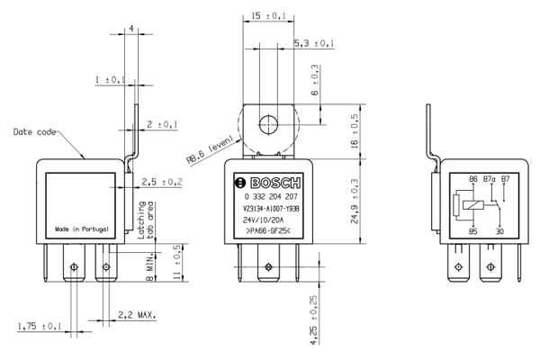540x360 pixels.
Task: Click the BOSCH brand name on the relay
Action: click(275, 183)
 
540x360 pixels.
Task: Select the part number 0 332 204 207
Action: click(271, 197)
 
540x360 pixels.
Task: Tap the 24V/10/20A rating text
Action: click(263, 220)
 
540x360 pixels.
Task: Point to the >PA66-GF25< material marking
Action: click(268, 231)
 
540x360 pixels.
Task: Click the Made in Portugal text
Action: click(82, 229)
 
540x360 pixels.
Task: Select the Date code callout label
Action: click(34, 132)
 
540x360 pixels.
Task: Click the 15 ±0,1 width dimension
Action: click(268, 16)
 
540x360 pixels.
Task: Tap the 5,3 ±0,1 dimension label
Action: click(314, 43)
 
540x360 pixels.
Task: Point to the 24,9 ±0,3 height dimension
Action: click(355, 202)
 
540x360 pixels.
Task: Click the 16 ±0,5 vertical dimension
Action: click(355, 131)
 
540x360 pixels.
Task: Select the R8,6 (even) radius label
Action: click(210, 151)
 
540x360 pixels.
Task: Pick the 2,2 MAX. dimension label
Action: click(137, 315)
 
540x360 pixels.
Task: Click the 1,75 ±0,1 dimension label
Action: click(40, 326)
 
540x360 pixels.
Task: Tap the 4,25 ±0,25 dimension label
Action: click(314, 319)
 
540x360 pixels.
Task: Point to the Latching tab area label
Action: click(145, 220)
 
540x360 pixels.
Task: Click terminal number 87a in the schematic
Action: click(489, 179)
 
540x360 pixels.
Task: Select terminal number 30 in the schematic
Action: click(499, 231)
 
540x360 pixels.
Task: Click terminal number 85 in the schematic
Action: click(473, 231)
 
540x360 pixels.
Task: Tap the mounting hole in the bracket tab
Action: click(268, 124)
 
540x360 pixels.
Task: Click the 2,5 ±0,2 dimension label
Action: click(162, 182)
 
